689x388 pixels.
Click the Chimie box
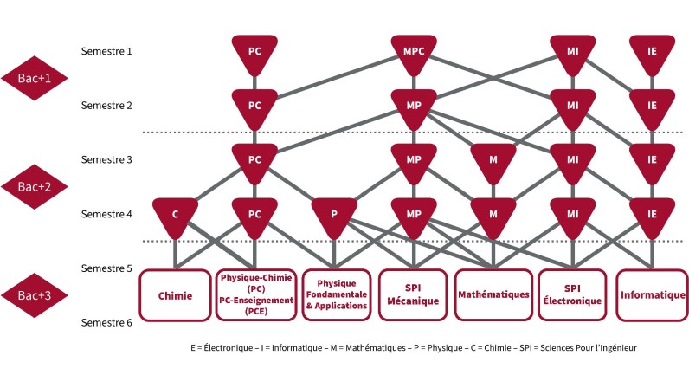coord(176,295)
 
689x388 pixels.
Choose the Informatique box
coord(653,295)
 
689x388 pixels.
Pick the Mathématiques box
coord(493,295)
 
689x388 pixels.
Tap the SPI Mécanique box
coord(414,295)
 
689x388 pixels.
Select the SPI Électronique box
coord(572,295)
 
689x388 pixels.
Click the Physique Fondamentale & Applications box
coord(334,295)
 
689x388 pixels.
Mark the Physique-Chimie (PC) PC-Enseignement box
coord(254,295)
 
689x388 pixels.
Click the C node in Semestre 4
coord(176,213)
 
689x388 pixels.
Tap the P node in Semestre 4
coord(334,213)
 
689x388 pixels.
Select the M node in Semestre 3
coord(493,159)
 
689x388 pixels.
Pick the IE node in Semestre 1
coord(652,52)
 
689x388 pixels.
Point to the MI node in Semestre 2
coord(572,106)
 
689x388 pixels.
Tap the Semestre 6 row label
coord(106,323)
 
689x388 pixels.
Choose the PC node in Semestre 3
coord(254,159)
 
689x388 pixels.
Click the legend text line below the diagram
coord(413,347)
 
